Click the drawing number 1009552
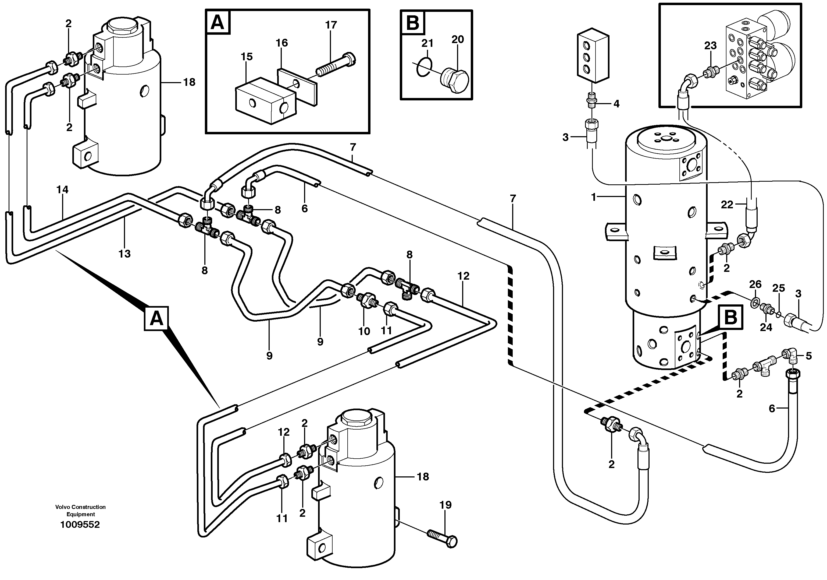pos(80,525)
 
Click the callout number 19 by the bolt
pos(445,505)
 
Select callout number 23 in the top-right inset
pos(710,46)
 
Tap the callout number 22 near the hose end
pos(727,205)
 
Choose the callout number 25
pos(778,288)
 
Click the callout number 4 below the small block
pos(616,104)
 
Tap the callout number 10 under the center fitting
pos(364,331)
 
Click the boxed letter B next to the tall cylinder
pos(730,318)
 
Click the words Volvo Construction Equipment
pos(80,511)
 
